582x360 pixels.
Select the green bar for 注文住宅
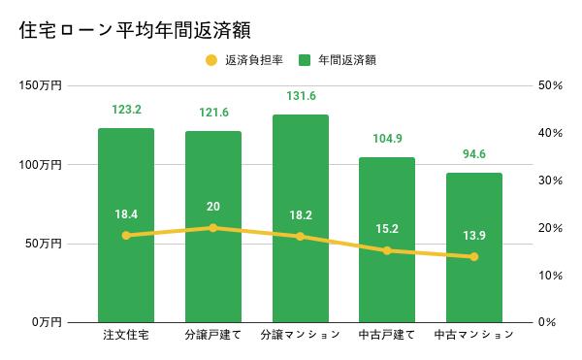pos(125,272)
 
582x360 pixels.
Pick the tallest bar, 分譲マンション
pos(300,272)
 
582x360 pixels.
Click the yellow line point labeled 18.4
pos(125,235)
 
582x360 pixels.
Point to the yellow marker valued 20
pos(213,227)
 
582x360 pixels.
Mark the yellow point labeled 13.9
pos(473,256)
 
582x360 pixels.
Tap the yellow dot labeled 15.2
pos(387,250)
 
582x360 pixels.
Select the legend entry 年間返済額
pos(340,60)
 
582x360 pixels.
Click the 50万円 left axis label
pos(44,244)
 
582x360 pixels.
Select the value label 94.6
pos(473,153)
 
